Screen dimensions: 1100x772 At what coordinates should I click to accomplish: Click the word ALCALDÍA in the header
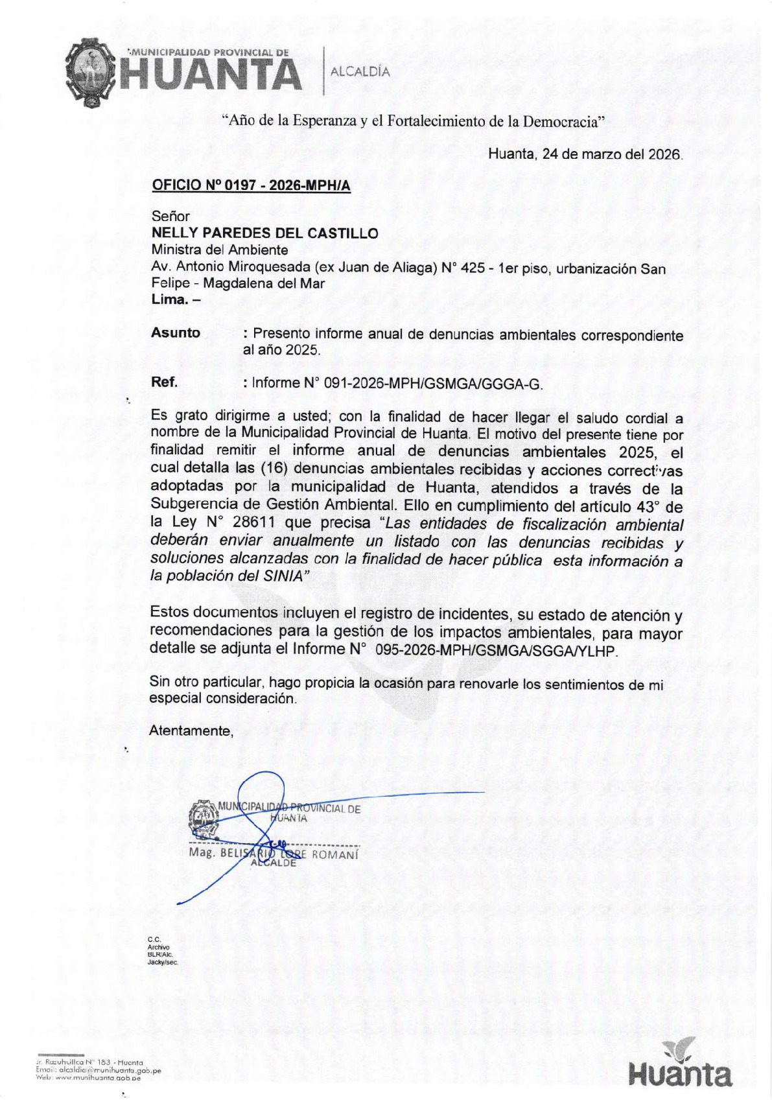[x=360, y=72]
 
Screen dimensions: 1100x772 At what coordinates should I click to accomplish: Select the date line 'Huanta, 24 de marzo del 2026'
[x=585, y=155]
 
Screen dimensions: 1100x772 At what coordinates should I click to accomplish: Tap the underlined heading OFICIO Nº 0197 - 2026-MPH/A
[x=251, y=185]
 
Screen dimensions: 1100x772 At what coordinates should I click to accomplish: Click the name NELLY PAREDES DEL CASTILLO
[x=264, y=233]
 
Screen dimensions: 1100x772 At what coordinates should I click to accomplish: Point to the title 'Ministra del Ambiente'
[x=220, y=250]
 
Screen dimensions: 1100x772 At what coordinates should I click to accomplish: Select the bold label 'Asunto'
[x=176, y=333]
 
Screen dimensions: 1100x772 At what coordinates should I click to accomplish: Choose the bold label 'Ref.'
[x=164, y=382]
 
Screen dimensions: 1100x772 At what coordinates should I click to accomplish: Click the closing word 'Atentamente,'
[x=191, y=731]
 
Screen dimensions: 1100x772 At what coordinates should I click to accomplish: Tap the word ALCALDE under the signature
[x=273, y=863]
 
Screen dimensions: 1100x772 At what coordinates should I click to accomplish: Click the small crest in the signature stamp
[x=203, y=819]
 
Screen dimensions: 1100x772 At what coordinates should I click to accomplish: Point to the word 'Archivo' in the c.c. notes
[x=158, y=947]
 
